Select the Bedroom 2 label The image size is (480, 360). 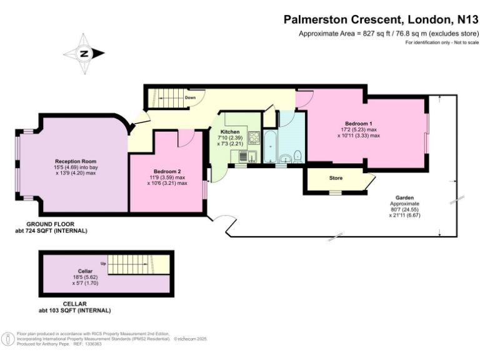(x=167, y=171)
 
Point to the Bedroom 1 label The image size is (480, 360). (x=358, y=123)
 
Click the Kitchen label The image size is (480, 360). (x=230, y=132)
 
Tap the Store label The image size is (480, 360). (x=336, y=178)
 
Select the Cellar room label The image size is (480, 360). (x=86, y=272)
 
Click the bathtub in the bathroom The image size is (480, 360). (x=270, y=148)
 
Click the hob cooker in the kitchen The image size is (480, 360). (x=255, y=137)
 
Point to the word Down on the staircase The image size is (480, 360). (x=190, y=98)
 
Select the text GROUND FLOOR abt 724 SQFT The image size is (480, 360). (x=56, y=227)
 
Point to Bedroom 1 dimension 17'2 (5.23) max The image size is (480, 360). (x=359, y=129)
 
